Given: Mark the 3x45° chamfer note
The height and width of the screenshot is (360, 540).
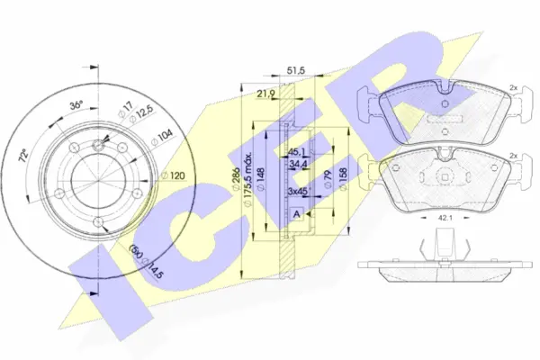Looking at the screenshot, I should pyautogui.click(x=296, y=192).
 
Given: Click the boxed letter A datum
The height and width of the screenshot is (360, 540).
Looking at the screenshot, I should pyautogui.click(x=296, y=214).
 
